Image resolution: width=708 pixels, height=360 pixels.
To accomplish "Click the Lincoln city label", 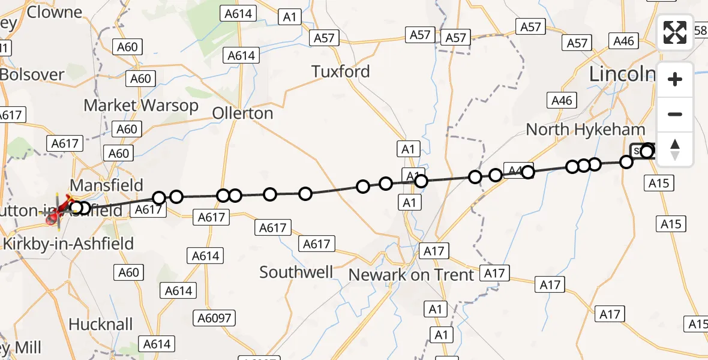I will (x=622, y=74).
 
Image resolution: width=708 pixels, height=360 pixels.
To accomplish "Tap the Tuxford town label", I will (x=341, y=72).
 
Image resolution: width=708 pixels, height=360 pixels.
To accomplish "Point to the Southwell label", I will (x=296, y=272).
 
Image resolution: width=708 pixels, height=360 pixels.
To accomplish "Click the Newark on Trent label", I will (x=412, y=275).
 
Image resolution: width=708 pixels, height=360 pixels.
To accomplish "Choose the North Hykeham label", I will (x=586, y=130).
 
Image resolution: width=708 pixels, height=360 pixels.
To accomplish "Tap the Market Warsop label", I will (x=141, y=106).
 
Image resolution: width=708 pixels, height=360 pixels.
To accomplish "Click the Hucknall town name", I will (x=100, y=325).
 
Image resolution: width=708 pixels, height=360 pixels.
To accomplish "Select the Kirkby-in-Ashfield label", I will (x=68, y=244).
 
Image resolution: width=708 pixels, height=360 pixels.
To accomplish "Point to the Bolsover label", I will (x=32, y=75).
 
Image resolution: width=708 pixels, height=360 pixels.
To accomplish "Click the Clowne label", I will (x=55, y=13).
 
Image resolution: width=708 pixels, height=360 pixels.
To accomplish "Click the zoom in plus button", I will (x=675, y=80).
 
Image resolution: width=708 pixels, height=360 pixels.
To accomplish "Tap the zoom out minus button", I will (x=675, y=114).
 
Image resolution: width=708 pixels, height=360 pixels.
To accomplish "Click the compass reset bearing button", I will (x=675, y=149).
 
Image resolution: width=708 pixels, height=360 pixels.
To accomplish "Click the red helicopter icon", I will (x=58, y=211).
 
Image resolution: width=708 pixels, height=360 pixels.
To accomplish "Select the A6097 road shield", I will (x=220, y=317).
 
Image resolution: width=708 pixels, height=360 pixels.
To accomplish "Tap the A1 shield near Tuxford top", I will (x=290, y=17).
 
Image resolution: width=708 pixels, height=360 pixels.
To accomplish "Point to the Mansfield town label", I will (x=107, y=184).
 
